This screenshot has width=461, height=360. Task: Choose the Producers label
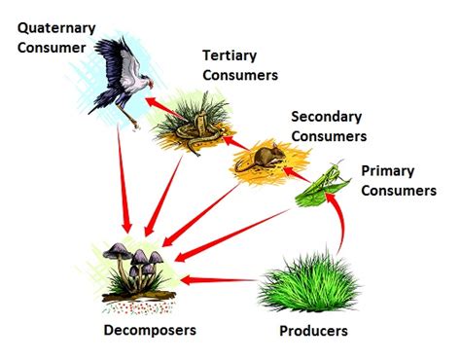click(x=313, y=331)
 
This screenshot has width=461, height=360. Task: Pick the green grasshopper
click(x=321, y=185)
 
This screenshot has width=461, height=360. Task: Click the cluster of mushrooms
click(x=136, y=268)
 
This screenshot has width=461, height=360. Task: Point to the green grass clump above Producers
click(x=301, y=282)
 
